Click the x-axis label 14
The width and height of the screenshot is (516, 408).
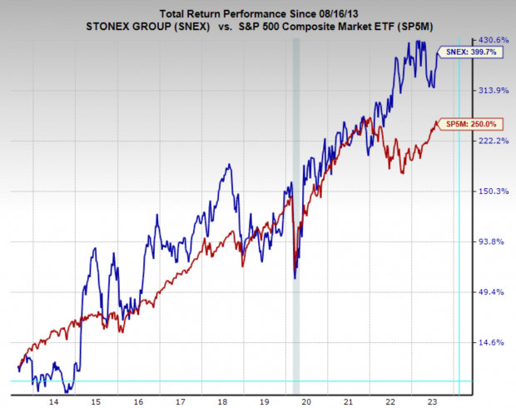(x=53, y=401)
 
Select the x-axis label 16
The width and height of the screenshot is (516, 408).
(x=138, y=401)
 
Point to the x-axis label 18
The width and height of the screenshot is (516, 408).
(x=223, y=401)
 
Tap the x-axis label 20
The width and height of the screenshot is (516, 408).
(x=307, y=401)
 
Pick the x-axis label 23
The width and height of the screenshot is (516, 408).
(x=434, y=401)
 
